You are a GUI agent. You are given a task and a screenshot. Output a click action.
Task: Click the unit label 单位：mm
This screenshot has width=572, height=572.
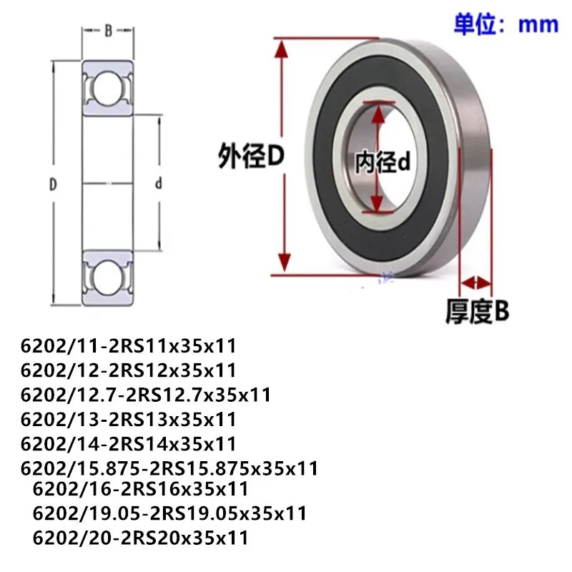[x=506, y=24]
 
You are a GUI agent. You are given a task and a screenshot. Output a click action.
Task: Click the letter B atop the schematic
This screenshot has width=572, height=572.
[x=108, y=30]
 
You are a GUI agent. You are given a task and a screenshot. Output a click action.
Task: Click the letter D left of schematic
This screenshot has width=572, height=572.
[x=52, y=184]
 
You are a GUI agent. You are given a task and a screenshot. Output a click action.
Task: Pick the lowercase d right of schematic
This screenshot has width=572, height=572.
[x=159, y=184]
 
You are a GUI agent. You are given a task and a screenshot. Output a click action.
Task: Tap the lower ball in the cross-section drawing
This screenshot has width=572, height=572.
[x=108, y=276]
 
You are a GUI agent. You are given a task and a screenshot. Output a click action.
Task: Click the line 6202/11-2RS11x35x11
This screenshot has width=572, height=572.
[x=129, y=347]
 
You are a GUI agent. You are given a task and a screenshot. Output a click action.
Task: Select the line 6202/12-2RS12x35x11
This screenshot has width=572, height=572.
[x=129, y=370]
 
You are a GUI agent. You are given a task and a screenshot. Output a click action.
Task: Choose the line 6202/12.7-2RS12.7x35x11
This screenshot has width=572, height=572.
[x=147, y=395]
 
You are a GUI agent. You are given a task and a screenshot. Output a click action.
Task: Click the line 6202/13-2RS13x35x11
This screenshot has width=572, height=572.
[x=129, y=419]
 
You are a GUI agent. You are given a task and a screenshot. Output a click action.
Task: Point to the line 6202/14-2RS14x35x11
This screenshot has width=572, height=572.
[x=129, y=443]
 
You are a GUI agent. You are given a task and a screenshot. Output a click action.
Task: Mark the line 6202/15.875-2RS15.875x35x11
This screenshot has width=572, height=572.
[x=169, y=468]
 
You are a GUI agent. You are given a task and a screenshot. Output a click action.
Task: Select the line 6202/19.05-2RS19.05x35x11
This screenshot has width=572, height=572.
[x=169, y=513]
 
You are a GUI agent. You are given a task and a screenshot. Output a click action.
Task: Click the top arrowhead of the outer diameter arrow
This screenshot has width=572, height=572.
[x=284, y=44]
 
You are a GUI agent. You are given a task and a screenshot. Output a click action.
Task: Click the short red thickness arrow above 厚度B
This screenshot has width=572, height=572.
[x=477, y=281]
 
